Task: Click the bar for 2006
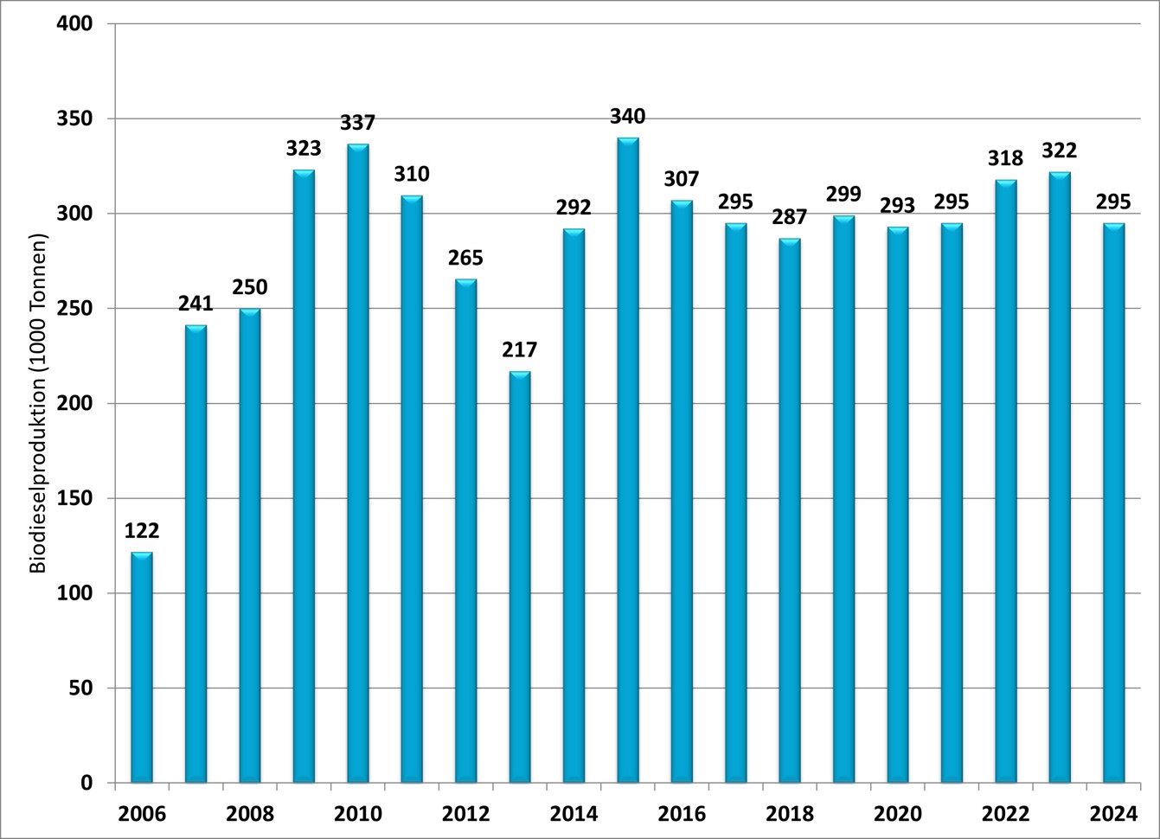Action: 142,667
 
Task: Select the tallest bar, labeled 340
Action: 628,460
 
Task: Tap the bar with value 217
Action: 520,577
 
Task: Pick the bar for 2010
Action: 358,463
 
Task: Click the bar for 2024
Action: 1114,503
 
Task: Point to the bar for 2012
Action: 466,531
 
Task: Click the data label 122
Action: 142,530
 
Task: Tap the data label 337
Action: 358,123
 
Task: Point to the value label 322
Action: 1060,151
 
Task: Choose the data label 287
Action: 790,217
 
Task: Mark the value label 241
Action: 195,304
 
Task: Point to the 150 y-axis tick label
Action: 75,499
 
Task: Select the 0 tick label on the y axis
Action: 87,784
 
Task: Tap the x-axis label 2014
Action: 574,814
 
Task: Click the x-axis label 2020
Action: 898,814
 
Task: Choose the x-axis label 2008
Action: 250,814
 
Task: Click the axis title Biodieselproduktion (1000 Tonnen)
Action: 38,404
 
